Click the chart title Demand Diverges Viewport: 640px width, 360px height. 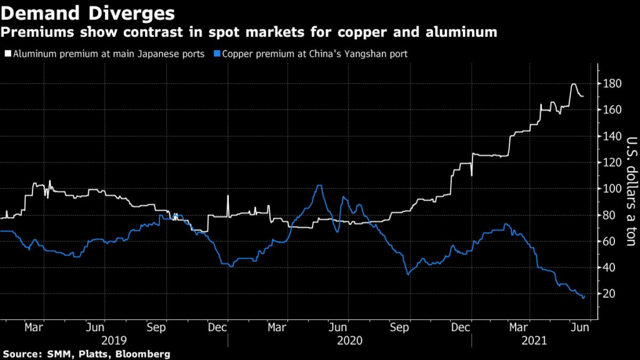pos(87,12)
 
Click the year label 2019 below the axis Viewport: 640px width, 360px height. pos(114,340)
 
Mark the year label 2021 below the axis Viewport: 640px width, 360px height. pos(534,340)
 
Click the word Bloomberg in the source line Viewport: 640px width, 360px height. pos(144,354)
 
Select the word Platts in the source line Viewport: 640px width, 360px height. pos(92,354)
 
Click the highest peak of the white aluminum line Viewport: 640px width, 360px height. pos(573,84)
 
